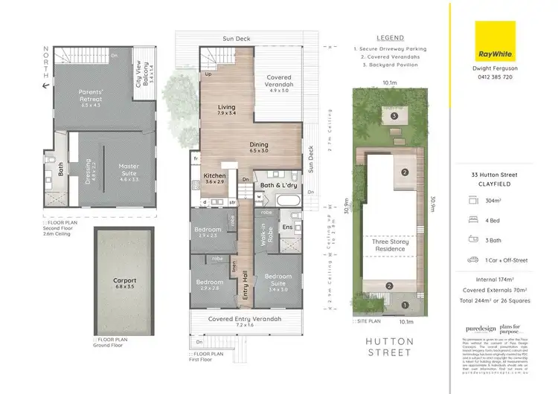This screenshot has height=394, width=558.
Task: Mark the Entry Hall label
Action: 245,285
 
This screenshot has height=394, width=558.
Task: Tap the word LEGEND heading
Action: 390,37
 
